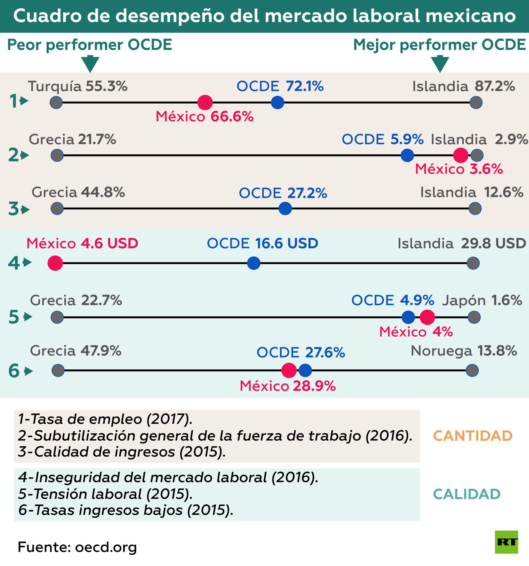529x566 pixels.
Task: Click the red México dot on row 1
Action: (205, 103)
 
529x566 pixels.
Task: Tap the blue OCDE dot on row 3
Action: (285, 208)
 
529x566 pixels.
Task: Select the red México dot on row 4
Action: (55, 263)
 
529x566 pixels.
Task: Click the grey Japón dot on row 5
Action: (474, 317)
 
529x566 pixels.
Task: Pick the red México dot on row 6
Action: (288, 370)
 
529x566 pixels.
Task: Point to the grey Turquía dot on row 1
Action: (56, 103)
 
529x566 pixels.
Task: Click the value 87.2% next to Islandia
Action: (495, 86)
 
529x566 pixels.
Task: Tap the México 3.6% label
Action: (458, 169)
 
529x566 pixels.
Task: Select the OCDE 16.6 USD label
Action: (262, 243)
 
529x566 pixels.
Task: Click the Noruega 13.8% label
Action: (463, 351)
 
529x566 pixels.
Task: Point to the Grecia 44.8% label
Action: (78, 193)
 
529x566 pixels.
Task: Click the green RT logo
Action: (506, 542)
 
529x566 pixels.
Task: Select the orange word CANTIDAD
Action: (473, 436)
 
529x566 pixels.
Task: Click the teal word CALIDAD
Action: (467, 494)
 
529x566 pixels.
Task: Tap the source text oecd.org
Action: (106, 547)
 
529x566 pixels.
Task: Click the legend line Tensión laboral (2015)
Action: (105, 494)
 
